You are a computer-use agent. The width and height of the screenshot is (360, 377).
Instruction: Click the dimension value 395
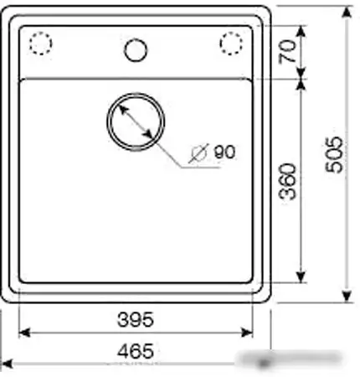tap(136, 319)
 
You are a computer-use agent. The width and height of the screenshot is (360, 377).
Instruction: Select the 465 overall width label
tap(136, 351)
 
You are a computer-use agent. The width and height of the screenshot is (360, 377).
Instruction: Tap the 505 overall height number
tap(334, 154)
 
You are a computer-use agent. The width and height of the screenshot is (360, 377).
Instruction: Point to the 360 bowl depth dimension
tap(288, 182)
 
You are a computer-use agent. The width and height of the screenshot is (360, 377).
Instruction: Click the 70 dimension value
tap(288, 51)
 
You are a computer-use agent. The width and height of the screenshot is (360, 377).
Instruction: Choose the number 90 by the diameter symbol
tap(224, 152)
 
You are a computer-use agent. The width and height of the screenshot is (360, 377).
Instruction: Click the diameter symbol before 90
tap(198, 153)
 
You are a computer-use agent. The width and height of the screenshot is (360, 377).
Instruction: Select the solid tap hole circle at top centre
tap(136, 50)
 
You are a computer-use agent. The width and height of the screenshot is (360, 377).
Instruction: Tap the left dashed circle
tap(41, 44)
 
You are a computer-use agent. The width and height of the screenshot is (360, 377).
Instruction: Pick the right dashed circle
tap(231, 44)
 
